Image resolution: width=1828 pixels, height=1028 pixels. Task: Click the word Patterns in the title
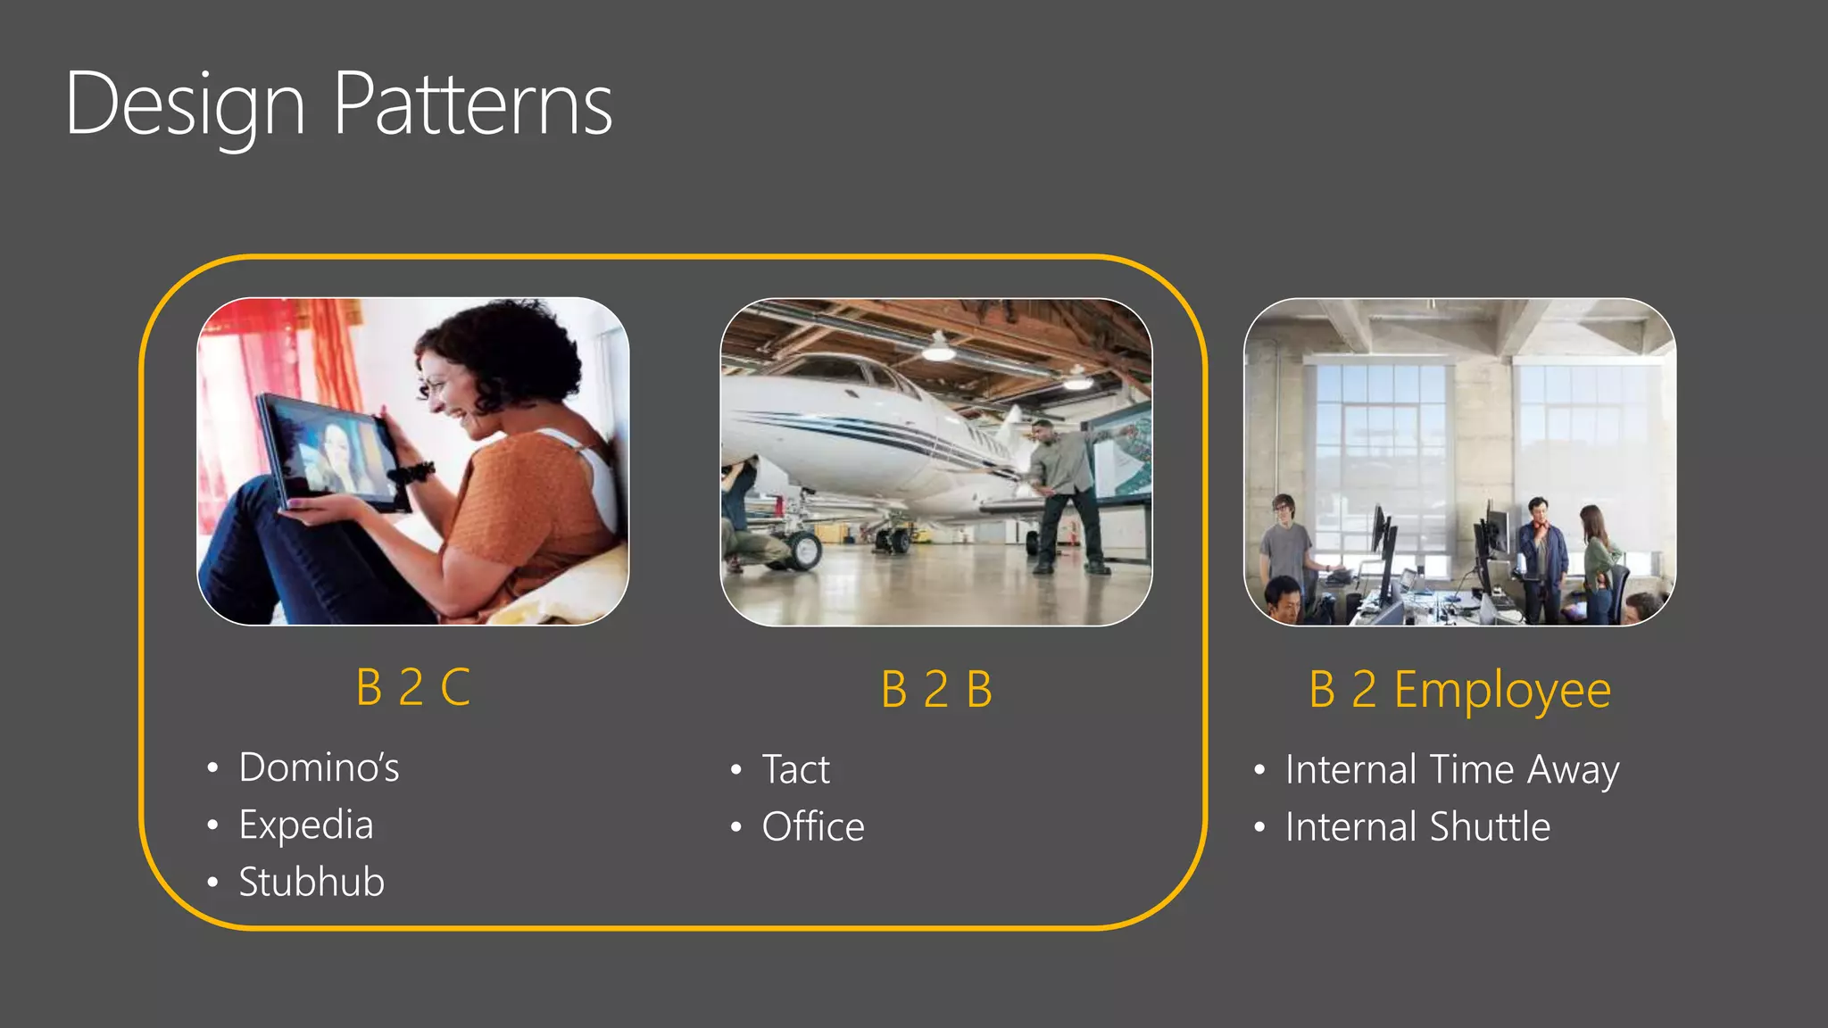coord(473,105)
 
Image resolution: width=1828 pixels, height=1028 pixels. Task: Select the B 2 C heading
coord(412,687)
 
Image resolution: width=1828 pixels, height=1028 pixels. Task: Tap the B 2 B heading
coord(936,690)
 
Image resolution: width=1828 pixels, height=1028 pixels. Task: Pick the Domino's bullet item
coord(319,768)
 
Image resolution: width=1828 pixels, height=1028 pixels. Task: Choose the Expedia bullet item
coord(305,825)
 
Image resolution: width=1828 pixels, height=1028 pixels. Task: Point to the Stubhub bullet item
coord(312,883)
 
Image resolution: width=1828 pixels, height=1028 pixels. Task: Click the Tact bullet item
coord(795,770)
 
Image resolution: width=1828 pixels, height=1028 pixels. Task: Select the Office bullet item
coord(813,827)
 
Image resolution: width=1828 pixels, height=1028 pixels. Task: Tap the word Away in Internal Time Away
coord(1573,770)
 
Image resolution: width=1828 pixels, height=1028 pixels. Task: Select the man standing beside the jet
coord(1066,495)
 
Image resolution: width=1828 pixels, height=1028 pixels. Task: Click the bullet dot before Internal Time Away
coord(1259,770)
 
